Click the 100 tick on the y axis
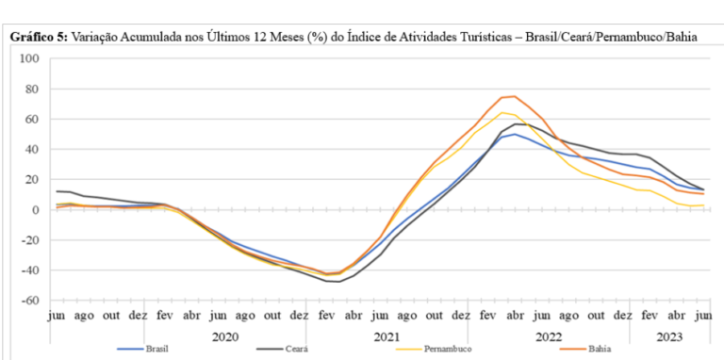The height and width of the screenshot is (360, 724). pyautogui.click(x=29, y=58)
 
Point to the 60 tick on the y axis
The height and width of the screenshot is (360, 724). pyautogui.click(x=32, y=119)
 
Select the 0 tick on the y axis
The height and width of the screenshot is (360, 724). pyautogui.click(x=36, y=209)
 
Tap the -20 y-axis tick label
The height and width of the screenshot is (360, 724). pyautogui.click(x=29, y=240)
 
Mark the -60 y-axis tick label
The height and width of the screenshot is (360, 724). pyautogui.click(x=29, y=301)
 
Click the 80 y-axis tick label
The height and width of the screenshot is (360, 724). pyautogui.click(x=32, y=89)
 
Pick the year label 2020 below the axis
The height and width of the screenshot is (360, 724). pyautogui.click(x=226, y=337)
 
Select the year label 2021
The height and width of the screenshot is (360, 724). pyautogui.click(x=387, y=337)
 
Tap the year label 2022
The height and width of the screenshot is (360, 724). pyautogui.click(x=549, y=337)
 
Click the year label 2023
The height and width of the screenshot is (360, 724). pyautogui.click(x=669, y=337)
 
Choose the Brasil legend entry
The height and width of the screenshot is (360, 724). pyautogui.click(x=142, y=349)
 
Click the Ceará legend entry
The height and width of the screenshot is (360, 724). pyautogui.click(x=283, y=349)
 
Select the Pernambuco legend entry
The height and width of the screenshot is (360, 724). pyautogui.click(x=434, y=349)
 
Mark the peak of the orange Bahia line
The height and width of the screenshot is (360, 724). pyautogui.click(x=515, y=96)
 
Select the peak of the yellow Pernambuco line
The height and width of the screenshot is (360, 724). pyautogui.click(x=502, y=112)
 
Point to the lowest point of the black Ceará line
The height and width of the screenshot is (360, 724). pyautogui.click(x=339, y=282)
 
